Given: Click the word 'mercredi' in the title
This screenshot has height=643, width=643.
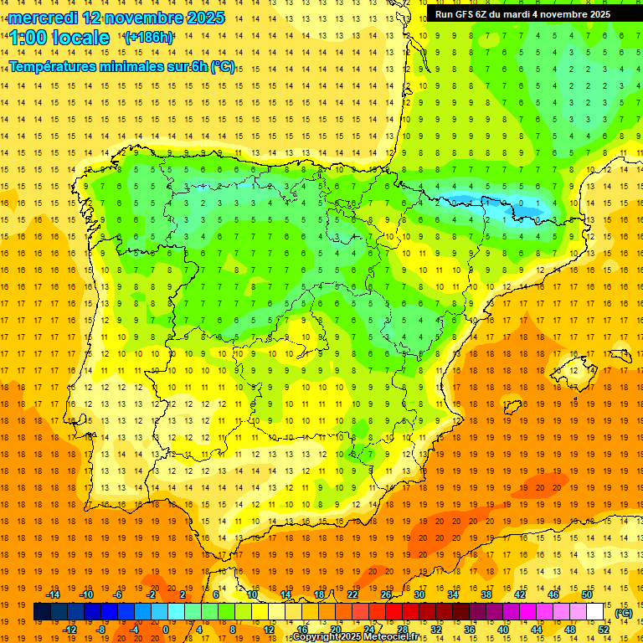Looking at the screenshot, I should point(44,17).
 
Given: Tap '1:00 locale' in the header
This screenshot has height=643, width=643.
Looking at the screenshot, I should point(59,38).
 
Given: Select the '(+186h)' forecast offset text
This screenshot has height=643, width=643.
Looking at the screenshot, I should point(149,38).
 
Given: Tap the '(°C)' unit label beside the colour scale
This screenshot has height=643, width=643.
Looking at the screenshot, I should point(623,613).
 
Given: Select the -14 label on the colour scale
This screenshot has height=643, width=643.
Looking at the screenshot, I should point(53,594).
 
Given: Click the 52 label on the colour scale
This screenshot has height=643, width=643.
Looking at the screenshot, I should point(604,630).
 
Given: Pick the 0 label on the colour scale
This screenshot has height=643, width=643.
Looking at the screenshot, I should point(166,630).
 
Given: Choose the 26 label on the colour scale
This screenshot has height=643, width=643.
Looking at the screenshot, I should point(386,594).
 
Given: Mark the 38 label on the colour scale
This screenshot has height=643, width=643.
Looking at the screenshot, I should point(486,594).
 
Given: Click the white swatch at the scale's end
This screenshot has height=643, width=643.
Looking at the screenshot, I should point(595,612).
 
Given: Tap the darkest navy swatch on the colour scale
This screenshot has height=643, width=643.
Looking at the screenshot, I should point(42,612).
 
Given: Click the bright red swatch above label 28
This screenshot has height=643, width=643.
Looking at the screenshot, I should point(402,612).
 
